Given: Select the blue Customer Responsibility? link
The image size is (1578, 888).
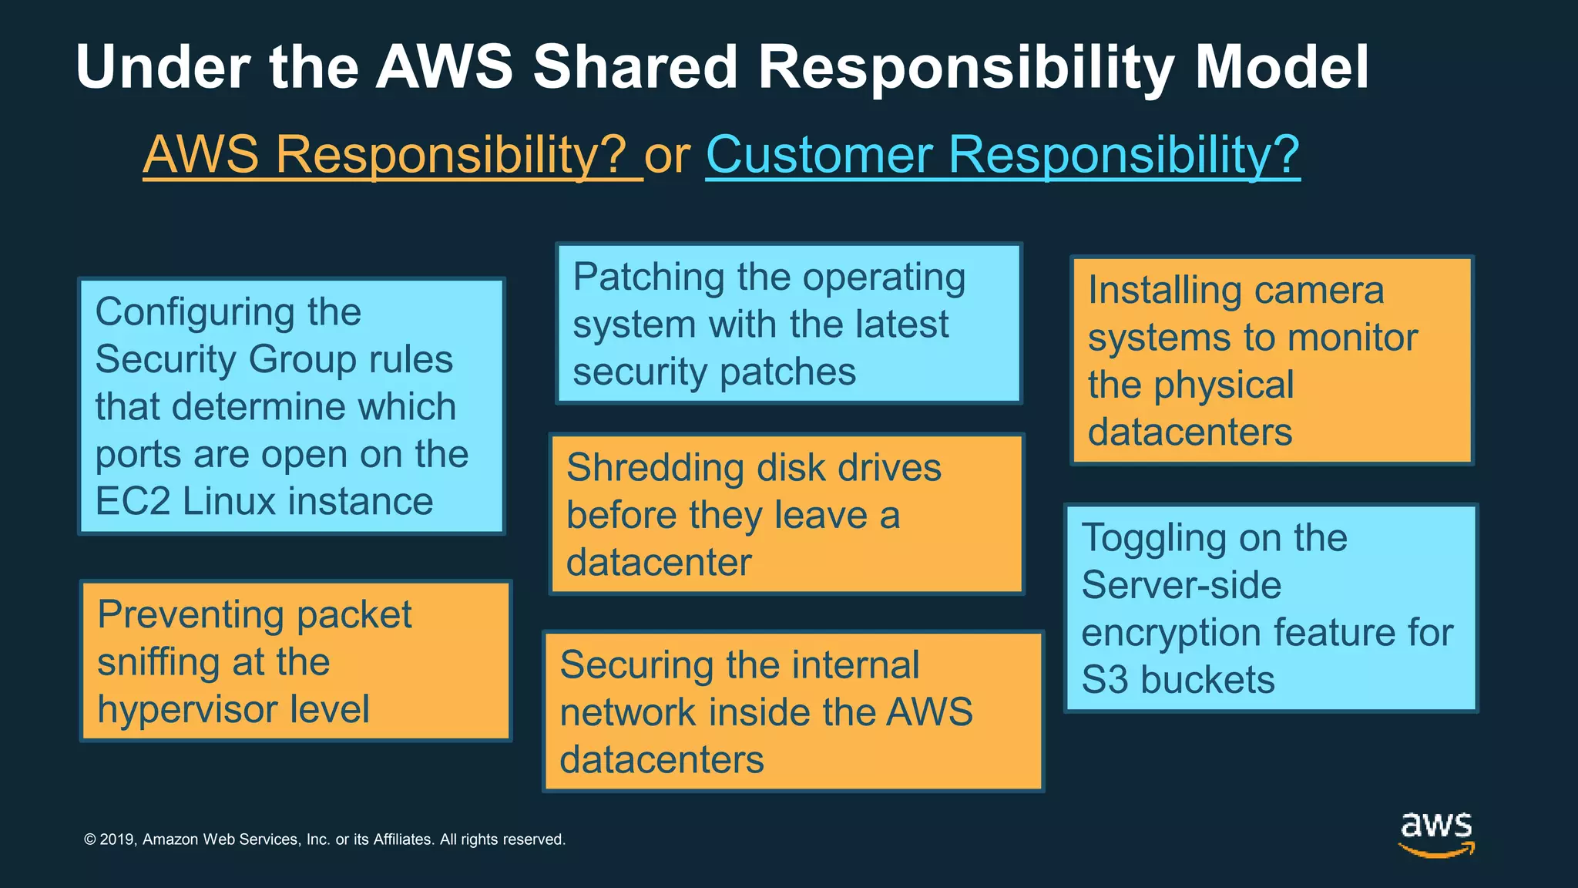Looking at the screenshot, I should (1002, 155).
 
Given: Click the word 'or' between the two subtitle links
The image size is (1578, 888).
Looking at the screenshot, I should (667, 156).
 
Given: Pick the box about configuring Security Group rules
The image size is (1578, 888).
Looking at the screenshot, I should (291, 406).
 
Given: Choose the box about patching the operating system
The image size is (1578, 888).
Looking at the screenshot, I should (788, 324).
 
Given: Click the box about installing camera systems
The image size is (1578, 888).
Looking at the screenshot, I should (1271, 361).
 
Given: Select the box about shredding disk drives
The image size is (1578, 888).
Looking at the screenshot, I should (786, 514).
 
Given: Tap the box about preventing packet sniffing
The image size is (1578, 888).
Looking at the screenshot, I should (295, 661).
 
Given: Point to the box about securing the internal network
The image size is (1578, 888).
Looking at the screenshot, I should (793, 711).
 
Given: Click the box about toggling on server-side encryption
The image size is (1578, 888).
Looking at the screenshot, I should (1271, 608).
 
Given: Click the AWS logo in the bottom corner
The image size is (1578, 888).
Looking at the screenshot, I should (1436, 834).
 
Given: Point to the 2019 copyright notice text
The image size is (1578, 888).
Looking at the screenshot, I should (324, 839).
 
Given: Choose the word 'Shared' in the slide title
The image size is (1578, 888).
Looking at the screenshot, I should (635, 68).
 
